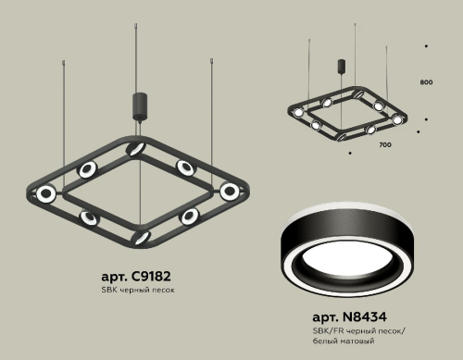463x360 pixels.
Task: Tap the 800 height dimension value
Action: point(426,83)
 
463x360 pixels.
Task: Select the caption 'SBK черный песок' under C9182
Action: point(136,290)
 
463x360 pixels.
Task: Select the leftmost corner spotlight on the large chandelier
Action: point(44,192)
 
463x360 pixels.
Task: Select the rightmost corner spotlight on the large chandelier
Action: point(229,191)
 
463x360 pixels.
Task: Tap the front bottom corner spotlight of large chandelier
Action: point(140,238)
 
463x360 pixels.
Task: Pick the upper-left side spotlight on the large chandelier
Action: point(89,168)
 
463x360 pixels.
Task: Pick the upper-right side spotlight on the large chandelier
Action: point(186,169)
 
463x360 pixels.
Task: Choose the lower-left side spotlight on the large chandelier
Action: point(90,216)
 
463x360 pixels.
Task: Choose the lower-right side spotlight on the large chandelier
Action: point(190,216)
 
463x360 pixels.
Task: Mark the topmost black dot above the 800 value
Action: point(426,44)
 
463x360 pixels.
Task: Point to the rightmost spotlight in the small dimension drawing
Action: point(398,119)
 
